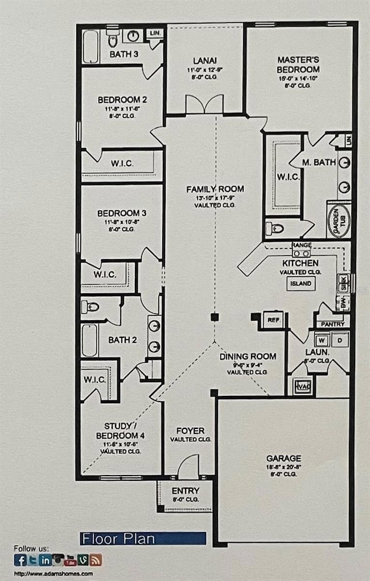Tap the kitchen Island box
pyautogui.click(x=301, y=283)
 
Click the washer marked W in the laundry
pyautogui.click(x=322, y=341)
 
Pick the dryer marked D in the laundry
pyautogui.click(x=340, y=341)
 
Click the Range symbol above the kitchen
pyautogui.click(x=301, y=249)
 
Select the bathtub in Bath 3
pyautogui.click(x=91, y=46)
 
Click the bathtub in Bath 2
pyautogui.click(x=90, y=340)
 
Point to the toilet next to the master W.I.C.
pyautogui.click(x=274, y=228)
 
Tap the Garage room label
pyautogui.click(x=283, y=458)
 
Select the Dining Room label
pyautogui.click(x=248, y=357)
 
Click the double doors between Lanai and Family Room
pyautogui.click(x=204, y=105)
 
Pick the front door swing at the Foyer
pyautogui.click(x=188, y=468)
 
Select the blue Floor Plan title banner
pyautogui.click(x=142, y=538)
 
